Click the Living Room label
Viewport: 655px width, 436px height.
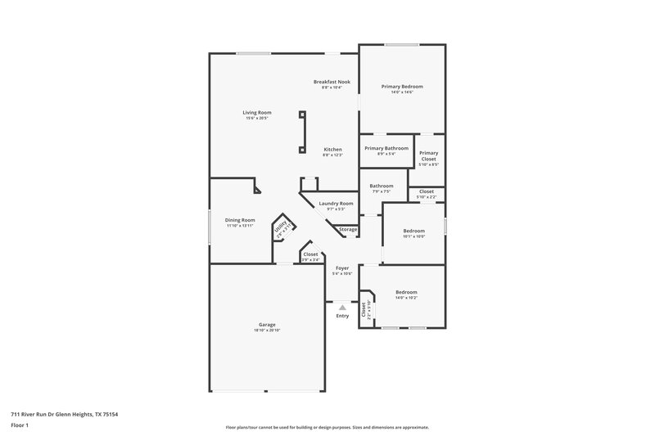pyautogui.click(x=256, y=112)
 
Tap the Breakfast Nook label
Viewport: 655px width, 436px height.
pyautogui.click(x=332, y=81)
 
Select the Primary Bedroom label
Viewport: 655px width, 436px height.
pyautogui.click(x=401, y=86)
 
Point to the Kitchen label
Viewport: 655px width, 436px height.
pyautogui.click(x=332, y=150)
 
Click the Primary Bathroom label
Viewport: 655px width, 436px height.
pyautogui.click(x=386, y=148)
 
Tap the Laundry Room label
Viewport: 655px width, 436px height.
pyautogui.click(x=336, y=203)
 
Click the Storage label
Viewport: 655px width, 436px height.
pyautogui.click(x=348, y=229)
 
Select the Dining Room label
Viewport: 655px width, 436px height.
pyautogui.click(x=240, y=219)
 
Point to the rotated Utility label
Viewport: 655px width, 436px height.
pyautogui.click(x=281, y=227)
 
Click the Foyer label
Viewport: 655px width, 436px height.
pyautogui.click(x=341, y=267)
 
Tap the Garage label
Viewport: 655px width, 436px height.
pyautogui.click(x=267, y=324)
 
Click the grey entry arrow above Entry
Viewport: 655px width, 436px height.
pyautogui.click(x=342, y=308)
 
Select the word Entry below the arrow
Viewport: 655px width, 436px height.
pyautogui.click(x=342, y=316)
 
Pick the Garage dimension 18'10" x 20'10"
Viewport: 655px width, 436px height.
pyautogui.click(x=267, y=330)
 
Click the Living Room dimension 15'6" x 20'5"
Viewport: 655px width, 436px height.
pyautogui.click(x=256, y=119)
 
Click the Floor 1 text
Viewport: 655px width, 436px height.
pyautogui.click(x=20, y=425)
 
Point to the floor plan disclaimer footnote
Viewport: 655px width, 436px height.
pyautogui.click(x=327, y=427)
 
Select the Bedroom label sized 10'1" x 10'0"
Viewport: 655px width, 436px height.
pyautogui.click(x=413, y=231)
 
